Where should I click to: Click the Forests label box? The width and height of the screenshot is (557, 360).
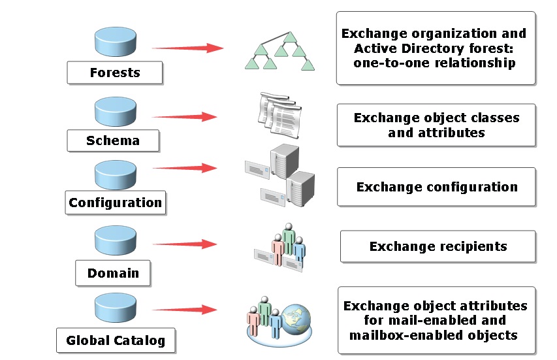[x=114, y=73]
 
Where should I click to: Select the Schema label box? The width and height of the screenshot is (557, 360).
[x=112, y=140]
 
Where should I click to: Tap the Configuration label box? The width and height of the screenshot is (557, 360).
[x=115, y=203]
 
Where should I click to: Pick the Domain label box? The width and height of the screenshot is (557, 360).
[x=113, y=272]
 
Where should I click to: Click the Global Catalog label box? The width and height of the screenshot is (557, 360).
[x=116, y=340]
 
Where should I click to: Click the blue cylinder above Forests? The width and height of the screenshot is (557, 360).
[x=116, y=42]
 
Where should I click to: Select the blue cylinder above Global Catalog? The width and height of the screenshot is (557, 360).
[x=116, y=308]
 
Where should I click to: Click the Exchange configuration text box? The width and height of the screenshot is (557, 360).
[x=436, y=187]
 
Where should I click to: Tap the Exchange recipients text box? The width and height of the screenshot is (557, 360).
[x=438, y=246]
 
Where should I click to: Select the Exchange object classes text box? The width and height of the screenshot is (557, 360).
[x=436, y=125]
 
